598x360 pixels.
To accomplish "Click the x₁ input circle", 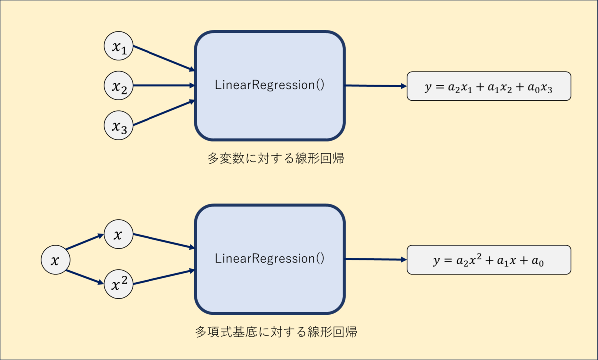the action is [118, 46].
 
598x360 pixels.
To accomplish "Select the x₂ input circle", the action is [118, 85].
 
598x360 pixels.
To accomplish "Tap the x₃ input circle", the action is [118, 125].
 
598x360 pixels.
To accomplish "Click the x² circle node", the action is [118, 284].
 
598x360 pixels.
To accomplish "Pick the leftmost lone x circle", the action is [55, 260].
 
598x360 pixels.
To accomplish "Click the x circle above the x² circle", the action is [118, 234].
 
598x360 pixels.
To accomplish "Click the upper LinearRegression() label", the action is [270, 85].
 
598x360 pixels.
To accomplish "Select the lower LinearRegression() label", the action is [270, 259].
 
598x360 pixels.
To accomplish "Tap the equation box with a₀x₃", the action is [489, 86].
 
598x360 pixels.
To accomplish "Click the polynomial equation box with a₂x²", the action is [489, 260].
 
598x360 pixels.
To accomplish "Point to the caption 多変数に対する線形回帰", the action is [276, 158].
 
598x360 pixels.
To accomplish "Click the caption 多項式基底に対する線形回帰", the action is [276, 332].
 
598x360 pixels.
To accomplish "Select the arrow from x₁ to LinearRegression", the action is [164, 58].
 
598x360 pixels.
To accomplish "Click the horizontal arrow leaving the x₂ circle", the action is [164, 85].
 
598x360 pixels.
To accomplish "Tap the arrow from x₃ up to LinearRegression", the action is [164, 112].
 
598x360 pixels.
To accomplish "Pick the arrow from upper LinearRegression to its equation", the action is [376, 86].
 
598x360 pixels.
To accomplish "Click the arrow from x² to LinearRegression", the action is [164, 277].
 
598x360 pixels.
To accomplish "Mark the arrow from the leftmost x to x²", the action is [85, 277].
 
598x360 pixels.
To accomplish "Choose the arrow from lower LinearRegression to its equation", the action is [376, 259].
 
